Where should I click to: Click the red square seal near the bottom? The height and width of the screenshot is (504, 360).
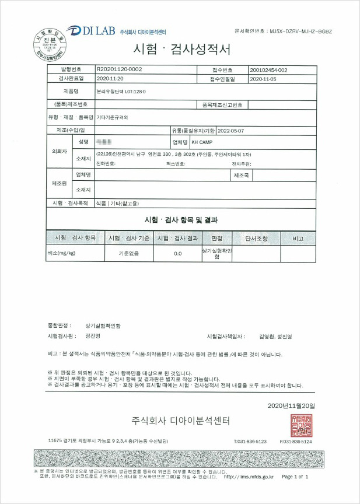pos(302,425)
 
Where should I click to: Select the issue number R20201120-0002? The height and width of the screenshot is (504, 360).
pos(119,69)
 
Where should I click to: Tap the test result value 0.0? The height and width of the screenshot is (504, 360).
pos(178,254)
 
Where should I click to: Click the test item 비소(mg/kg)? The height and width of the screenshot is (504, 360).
pos(61,254)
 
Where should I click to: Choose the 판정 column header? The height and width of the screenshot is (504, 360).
pos(217,238)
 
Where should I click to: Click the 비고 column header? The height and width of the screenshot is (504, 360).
pos(298,238)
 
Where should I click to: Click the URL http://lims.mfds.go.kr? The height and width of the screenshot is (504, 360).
pos(249,476)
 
